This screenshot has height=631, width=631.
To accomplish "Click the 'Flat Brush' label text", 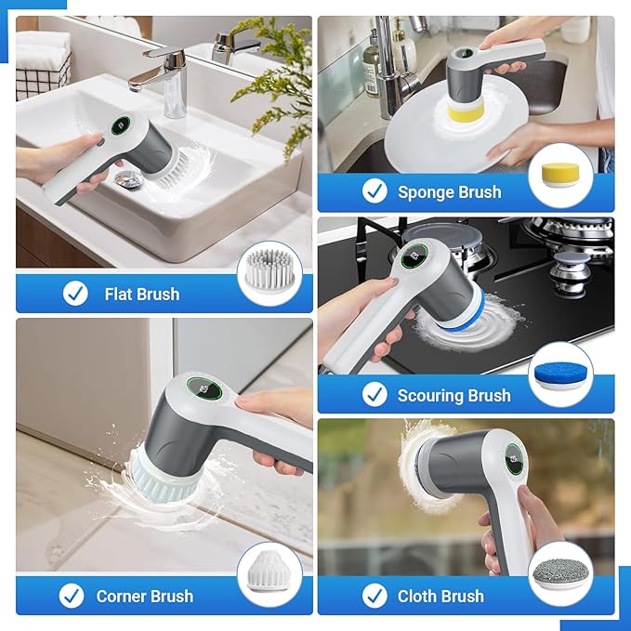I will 141,294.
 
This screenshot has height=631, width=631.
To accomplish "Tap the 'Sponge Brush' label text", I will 449,192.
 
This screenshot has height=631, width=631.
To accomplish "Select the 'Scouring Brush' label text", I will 454,395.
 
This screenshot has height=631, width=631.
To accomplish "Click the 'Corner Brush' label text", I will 145,596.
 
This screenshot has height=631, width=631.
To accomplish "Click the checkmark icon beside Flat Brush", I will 75,294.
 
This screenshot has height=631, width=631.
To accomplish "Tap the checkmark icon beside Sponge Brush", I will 375,191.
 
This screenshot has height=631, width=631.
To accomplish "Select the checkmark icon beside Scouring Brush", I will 375,395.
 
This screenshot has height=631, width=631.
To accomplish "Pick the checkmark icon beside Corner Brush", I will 72,596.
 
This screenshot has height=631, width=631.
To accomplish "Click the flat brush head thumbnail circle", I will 269,273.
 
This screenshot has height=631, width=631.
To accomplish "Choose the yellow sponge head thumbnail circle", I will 560,177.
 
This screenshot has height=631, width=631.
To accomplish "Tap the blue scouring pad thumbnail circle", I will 560,374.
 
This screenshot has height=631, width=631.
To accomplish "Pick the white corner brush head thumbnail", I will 269,574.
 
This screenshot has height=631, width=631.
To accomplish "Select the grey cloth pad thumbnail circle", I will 559,574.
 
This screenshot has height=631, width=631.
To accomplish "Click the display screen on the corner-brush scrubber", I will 204,389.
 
